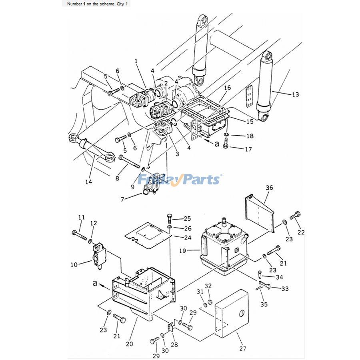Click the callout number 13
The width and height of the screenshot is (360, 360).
coord(295,94)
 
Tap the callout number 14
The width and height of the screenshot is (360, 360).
coord(88,182)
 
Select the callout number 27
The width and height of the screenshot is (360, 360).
coord(243,348)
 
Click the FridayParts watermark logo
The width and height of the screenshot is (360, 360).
coord(180,179)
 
